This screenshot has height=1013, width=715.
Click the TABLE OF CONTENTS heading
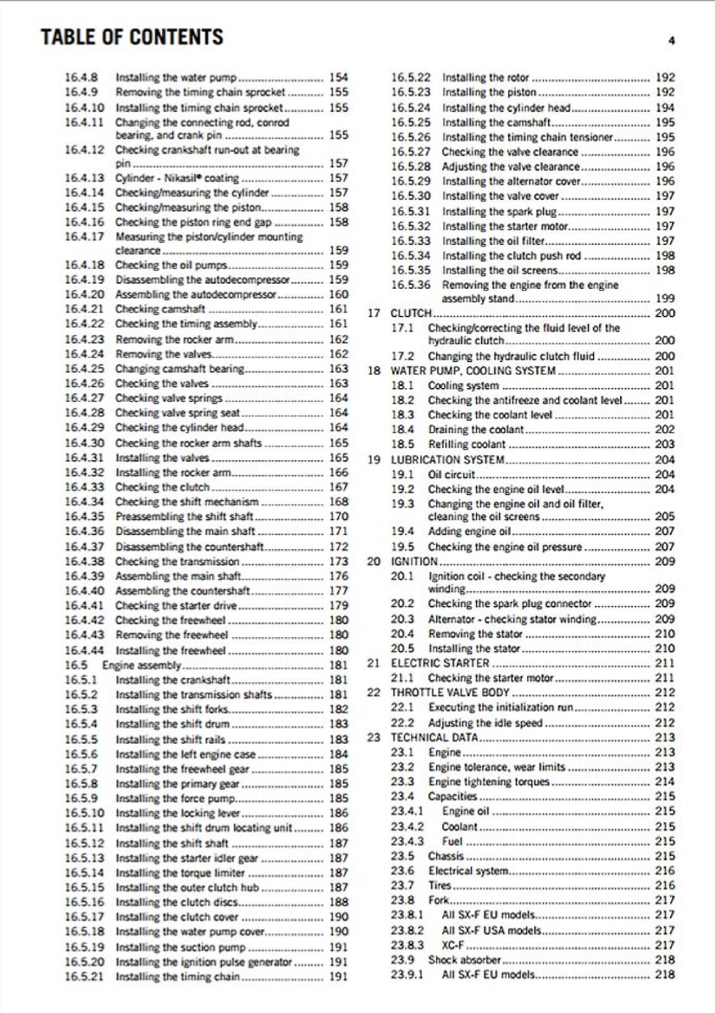tap(132, 37)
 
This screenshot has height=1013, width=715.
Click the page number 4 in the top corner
tap(671, 41)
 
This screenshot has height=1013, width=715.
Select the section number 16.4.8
tap(82, 77)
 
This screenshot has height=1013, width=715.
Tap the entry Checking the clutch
tap(162, 487)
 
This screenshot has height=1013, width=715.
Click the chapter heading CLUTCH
tap(411, 313)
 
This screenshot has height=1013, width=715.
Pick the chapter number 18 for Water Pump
tap(374, 371)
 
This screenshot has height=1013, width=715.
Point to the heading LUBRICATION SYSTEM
tap(447, 460)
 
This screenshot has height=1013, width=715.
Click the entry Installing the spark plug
tap(499, 211)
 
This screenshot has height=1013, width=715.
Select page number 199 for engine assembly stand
tap(664, 298)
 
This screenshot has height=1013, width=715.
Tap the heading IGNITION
tap(414, 561)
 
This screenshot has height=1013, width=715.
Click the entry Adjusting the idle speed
tap(485, 722)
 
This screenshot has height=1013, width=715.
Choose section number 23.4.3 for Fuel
tap(407, 841)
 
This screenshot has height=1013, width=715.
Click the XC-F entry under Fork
tap(452, 945)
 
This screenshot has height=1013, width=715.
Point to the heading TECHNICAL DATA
tap(434, 738)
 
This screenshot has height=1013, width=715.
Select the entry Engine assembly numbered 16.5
tap(142, 665)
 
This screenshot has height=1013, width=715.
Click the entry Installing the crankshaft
tap(173, 680)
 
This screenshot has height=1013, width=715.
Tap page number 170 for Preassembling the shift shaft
tap(339, 517)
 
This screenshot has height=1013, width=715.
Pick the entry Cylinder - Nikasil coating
tap(177, 178)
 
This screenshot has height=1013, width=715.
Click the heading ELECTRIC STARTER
tap(440, 663)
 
